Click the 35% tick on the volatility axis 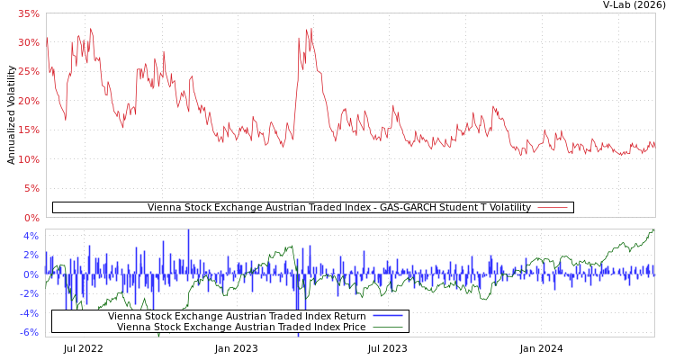point(28,13)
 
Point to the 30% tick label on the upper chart point(28,42)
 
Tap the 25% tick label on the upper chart point(28,72)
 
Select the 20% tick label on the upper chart point(28,101)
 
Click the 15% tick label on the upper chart point(28,130)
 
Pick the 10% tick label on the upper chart point(28,159)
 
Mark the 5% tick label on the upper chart point(31,188)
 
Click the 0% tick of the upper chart point(31,218)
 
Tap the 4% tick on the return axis point(31,236)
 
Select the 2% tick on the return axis point(31,256)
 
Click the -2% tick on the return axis point(29,293)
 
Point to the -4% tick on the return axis point(29,313)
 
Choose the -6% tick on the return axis point(29,332)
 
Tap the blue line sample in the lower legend point(387,316)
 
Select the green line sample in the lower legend point(387,327)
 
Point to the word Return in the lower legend point(347,316)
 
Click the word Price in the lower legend point(352,327)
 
